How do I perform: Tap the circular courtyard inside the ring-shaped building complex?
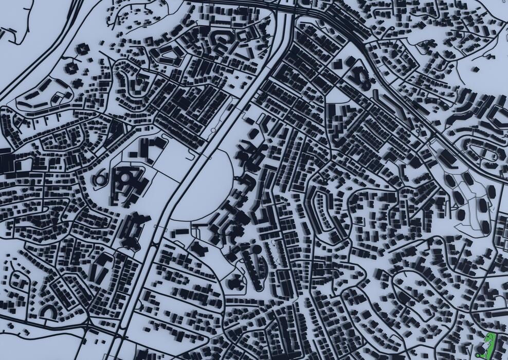pos(125,179)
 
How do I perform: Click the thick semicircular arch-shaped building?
pos(48,311)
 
